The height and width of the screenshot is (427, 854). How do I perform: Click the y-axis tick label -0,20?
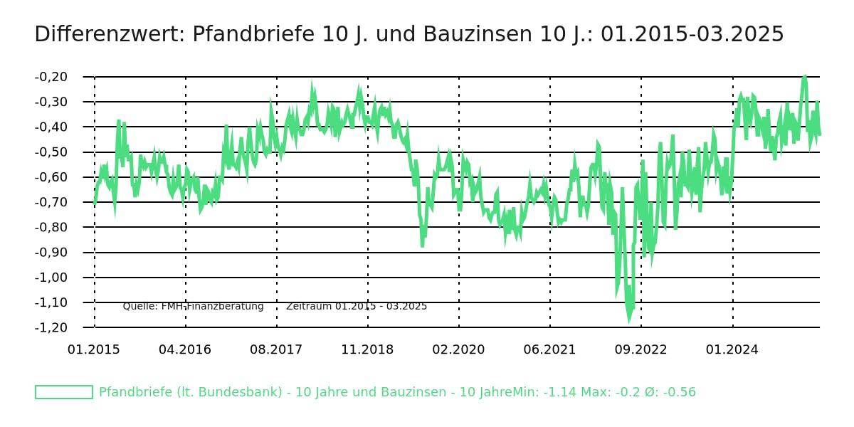click(x=51, y=77)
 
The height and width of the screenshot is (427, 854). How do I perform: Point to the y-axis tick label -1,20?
click(x=51, y=327)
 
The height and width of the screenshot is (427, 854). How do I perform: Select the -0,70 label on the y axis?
click(x=51, y=202)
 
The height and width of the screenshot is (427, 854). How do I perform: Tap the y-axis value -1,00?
click(x=51, y=278)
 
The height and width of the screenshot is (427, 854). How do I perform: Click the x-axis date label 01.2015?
click(x=94, y=350)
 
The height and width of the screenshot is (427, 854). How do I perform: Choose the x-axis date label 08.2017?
click(x=276, y=350)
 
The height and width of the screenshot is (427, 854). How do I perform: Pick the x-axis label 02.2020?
click(x=458, y=350)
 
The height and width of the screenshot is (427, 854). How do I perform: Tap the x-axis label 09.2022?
click(x=640, y=350)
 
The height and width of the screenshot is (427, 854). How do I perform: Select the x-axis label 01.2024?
click(x=732, y=350)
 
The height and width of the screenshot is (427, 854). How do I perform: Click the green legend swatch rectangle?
click(x=64, y=392)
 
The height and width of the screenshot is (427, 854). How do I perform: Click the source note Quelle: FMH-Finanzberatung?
click(x=193, y=306)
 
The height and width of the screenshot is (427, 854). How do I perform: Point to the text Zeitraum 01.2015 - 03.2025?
click(x=357, y=306)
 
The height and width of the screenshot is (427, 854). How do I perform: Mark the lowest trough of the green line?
click(x=628, y=320)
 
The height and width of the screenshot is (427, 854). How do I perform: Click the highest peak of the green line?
click(x=804, y=76)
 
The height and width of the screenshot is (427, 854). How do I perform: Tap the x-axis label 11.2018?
click(x=367, y=350)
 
